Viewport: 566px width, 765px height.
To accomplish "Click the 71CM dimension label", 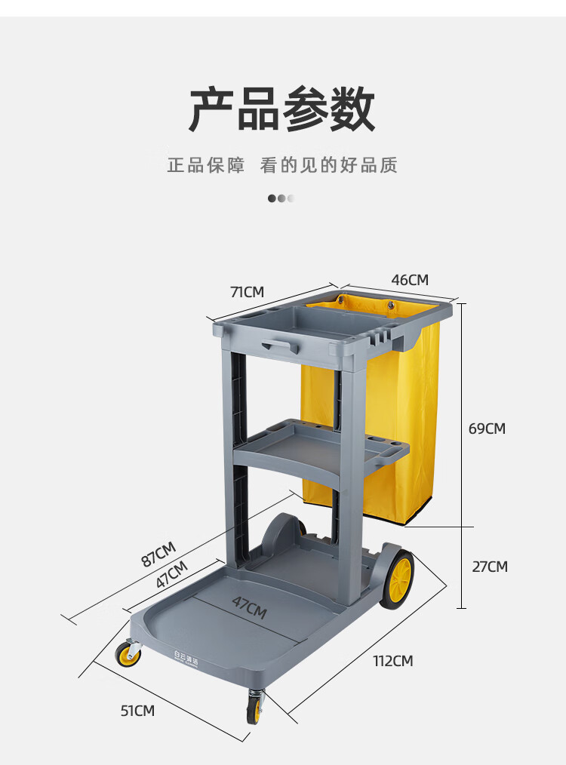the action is [248, 291].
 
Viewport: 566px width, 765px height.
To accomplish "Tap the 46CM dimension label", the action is [410, 280].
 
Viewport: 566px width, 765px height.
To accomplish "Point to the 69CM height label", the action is [487, 429].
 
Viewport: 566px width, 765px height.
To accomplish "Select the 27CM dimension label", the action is [490, 567].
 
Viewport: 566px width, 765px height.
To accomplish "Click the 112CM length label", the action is [393, 661].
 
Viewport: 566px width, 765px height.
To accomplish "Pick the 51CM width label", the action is [137, 710].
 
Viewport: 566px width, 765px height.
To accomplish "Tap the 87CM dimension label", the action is [158, 555].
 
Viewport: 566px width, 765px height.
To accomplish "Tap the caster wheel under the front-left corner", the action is [128, 654].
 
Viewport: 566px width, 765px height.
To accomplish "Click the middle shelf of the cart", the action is [317, 449].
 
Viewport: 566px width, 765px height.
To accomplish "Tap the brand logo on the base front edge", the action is [184, 660].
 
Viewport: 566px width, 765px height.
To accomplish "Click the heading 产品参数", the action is [282, 110].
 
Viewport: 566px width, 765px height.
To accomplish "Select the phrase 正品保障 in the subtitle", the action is [206, 165].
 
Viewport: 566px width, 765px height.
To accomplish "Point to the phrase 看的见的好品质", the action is [329, 165].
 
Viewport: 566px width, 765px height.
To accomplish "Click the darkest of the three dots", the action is [272, 198].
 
